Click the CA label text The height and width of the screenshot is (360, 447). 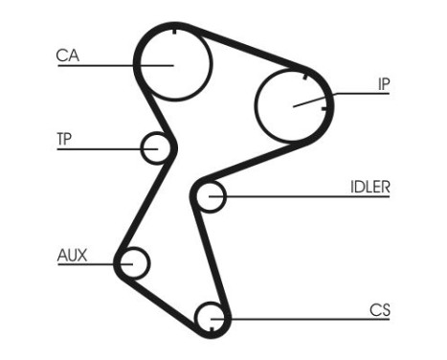pos(66,56)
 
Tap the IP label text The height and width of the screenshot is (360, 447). pos(383,84)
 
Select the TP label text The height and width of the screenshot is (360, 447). pos(64,139)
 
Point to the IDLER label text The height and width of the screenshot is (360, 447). pos(370,187)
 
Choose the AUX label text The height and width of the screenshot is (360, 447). pos(72,255)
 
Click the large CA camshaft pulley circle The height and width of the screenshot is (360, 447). pos(173,63)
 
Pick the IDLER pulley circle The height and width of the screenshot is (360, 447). pos(209,197)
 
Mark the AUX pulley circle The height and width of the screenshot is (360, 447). pos(133,261)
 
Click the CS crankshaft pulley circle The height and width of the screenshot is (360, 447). pos(211,317)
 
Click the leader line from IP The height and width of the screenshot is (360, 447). pos(349,93)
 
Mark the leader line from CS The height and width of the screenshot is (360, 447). pos(306,319)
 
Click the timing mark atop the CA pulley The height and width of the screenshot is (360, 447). pos(175,33)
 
